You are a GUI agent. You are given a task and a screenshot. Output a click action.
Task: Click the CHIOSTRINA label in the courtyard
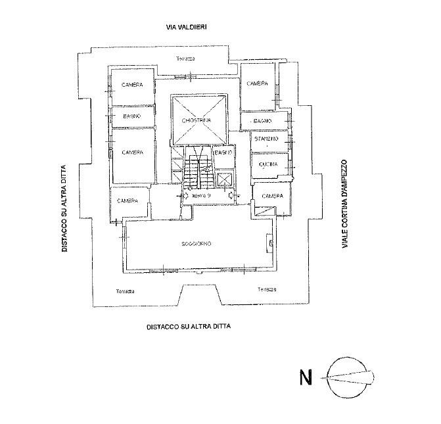pos(198,120)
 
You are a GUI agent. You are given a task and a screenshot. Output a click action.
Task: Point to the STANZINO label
pos(267,139)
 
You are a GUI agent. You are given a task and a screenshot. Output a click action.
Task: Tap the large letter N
pos(306,378)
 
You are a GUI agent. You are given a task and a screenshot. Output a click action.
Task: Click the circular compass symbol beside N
pos(353,377)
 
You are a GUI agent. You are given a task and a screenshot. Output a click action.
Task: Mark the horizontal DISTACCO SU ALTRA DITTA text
pos(189,326)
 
